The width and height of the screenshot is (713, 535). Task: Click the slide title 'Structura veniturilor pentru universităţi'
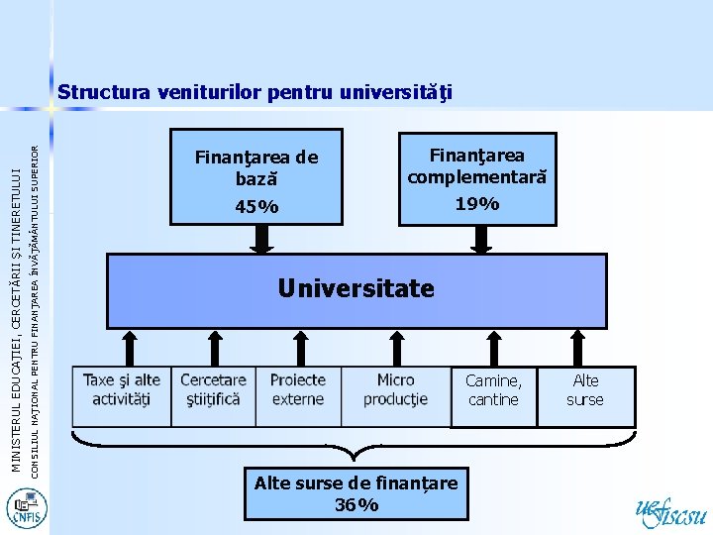pyautogui.click(x=255, y=93)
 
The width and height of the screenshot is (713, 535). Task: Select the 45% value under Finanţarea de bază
pyautogui.click(x=256, y=207)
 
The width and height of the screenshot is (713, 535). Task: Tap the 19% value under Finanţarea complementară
pyautogui.click(x=476, y=204)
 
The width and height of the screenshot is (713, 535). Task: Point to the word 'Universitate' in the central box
pyautogui.click(x=356, y=288)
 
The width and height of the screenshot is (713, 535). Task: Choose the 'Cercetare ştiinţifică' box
pyautogui.click(x=213, y=389)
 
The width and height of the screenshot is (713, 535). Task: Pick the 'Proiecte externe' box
pyautogui.click(x=297, y=389)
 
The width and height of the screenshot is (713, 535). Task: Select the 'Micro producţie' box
pyautogui.click(x=395, y=389)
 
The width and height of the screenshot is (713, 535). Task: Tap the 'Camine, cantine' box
pyautogui.click(x=493, y=390)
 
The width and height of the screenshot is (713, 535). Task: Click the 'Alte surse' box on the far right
pyautogui.click(x=585, y=390)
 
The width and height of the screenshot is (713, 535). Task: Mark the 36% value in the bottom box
pyautogui.click(x=356, y=505)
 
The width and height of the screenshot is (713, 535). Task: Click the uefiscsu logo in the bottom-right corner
pyautogui.click(x=670, y=510)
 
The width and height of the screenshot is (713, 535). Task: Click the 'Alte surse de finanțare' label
pyautogui.click(x=356, y=483)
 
